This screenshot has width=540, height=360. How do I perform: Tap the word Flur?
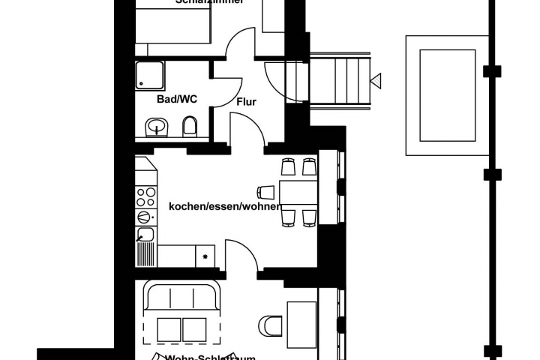(x=247, y=102)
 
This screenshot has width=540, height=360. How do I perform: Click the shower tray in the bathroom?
(x=153, y=76)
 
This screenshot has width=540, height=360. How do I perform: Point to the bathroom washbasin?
(x=157, y=127)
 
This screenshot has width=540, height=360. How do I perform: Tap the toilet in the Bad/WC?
(x=190, y=127)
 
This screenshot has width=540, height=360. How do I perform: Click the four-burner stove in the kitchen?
(x=145, y=197)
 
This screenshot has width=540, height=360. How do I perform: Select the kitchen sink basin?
(x=145, y=235)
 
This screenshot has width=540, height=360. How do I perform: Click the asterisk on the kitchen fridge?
(x=205, y=256)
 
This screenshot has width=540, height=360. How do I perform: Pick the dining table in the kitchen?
(x=298, y=192)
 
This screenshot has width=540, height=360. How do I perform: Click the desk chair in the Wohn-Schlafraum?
(x=270, y=326)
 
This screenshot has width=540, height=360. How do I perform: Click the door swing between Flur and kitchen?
(x=246, y=127)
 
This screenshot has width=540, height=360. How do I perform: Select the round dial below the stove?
(x=144, y=217)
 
